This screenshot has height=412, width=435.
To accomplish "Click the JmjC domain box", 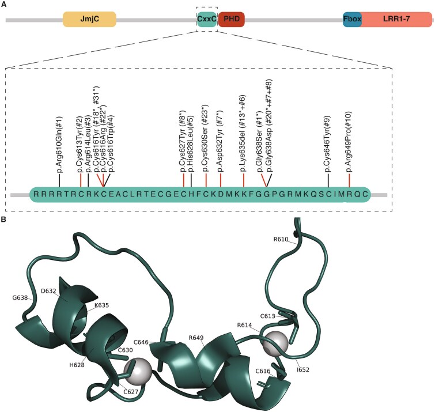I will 89,20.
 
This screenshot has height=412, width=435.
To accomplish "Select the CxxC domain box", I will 206,20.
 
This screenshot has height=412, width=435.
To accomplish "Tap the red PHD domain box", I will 231,20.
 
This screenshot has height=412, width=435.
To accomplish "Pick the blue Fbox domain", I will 352,20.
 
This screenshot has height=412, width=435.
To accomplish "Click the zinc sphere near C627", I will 137,371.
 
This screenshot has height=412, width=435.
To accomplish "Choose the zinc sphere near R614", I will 274,344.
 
